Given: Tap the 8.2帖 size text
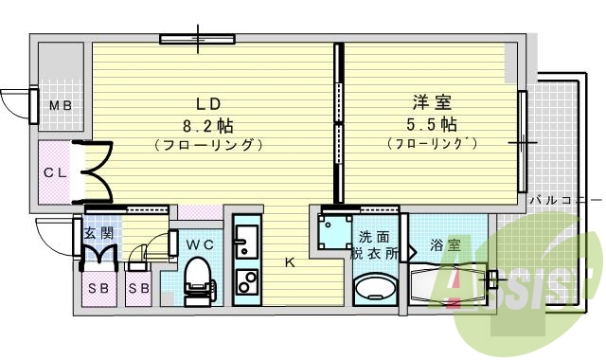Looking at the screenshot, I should [x=208, y=125].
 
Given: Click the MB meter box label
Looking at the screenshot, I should [x=61, y=105].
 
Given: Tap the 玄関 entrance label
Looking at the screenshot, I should [x=98, y=232].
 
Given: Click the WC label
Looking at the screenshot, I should [x=198, y=244].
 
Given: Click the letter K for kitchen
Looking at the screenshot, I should [x=290, y=263].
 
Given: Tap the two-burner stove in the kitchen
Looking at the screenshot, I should [x=247, y=283].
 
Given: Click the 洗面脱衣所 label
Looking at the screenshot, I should [x=372, y=245].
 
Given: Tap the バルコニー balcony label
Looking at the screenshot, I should [x=564, y=200].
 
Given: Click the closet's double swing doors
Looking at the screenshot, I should [x=95, y=172].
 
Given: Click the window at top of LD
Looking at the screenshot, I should [x=197, y=39].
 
